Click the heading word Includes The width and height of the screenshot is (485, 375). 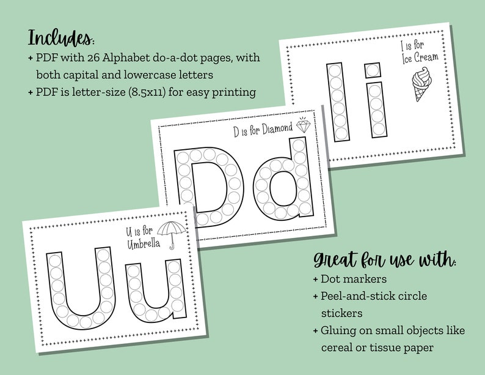click(60, 37)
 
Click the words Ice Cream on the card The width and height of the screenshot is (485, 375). click(420, 59)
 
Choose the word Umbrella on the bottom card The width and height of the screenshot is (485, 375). click(142, 245)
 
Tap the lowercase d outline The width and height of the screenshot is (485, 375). click(280, 181)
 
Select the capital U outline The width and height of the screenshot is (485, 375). click(79, 288)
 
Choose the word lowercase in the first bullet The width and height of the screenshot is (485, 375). click(176, 75)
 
